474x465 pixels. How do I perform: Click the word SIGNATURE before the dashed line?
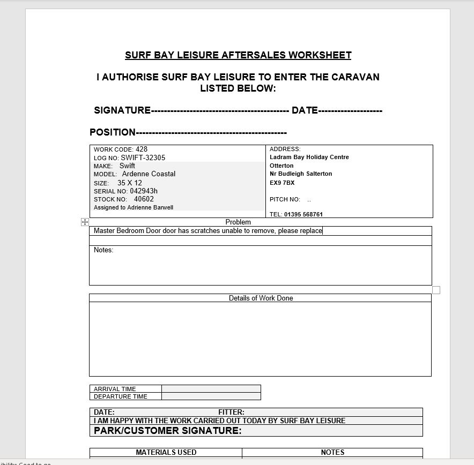[122, 110]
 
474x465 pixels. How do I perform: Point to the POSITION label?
[113, 132]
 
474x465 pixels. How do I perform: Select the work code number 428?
[142, 149]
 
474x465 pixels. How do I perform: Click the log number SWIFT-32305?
[143, 157]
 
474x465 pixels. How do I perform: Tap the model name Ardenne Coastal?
[149, 174]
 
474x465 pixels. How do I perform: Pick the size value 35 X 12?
[130, 183]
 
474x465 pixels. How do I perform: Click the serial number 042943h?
[144, 191]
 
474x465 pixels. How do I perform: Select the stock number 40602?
[144, 199]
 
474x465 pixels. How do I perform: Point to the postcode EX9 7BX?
[282, 183]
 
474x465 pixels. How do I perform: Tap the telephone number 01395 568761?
[303, 214]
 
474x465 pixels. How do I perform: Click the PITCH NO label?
[285, 199]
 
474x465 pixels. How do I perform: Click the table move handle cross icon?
[85, 222]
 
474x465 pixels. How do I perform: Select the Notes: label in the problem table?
[103, 250]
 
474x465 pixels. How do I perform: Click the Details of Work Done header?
[261, 298]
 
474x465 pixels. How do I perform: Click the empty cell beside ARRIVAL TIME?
[211, 389]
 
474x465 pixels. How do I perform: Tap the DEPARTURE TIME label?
[120, 396]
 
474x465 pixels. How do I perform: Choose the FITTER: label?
[231, 412]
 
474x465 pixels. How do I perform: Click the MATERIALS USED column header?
[166, 452]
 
